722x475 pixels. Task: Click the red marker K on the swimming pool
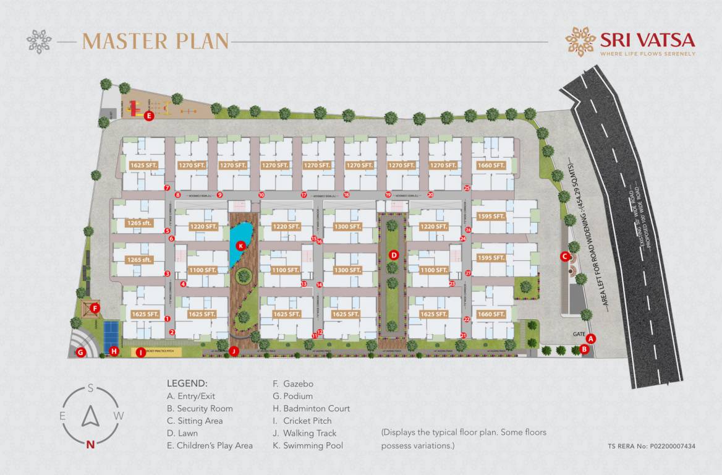241,246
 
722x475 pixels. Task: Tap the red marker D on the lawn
394,254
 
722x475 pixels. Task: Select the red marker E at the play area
148,115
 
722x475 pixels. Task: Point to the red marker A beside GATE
591,338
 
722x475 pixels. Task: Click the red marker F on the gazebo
95,307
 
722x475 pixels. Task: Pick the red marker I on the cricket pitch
141,353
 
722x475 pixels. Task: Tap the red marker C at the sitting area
564,256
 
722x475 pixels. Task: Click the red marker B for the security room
585,349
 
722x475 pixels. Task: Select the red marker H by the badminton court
114,352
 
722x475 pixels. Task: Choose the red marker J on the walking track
234,351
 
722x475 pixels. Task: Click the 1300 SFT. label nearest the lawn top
347,227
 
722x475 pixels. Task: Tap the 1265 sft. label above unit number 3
139,260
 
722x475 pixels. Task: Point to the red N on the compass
91,443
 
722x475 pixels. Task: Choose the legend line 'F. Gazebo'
292,383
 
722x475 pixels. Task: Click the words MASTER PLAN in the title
156,41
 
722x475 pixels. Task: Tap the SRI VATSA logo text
647,40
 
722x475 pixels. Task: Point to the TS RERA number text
652,446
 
